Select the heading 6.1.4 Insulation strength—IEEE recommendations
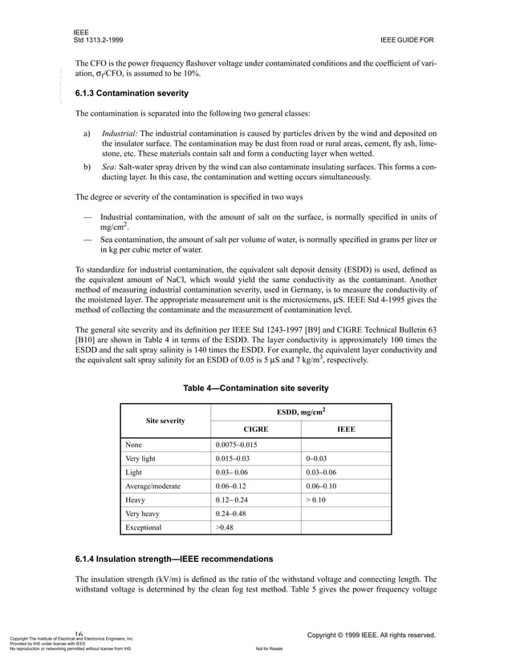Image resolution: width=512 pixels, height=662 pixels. [x=174, y=558]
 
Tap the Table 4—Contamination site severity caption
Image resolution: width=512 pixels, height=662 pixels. [x=256, y=388]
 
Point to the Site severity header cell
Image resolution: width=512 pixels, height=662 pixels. [x=165, y=420]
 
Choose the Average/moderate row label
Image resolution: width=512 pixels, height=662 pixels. [x=153, y=486]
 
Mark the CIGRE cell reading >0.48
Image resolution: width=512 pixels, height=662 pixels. [x=225, y=527]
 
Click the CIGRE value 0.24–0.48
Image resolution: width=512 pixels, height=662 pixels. [x=234, y=514]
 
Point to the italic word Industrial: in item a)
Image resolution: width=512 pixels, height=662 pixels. [x=120, y=133]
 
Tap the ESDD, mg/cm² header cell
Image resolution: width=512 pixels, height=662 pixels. [x=301, y=410]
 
